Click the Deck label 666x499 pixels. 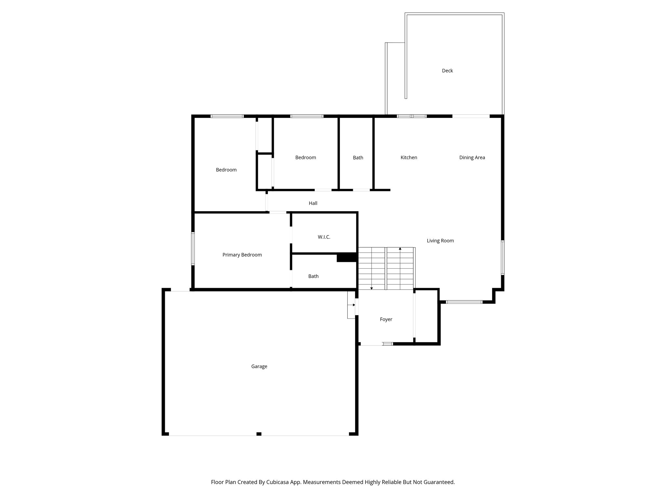[x=447, y=70]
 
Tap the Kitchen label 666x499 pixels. [x=408, y=158]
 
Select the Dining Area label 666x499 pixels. [x=472, y=158]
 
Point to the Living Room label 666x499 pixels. [x=440, y=241]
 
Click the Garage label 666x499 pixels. [x=259, y=366]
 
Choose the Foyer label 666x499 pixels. [x=386, y=319]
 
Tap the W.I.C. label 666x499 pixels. [x=324, y=237]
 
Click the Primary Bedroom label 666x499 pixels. [x=242, y=255]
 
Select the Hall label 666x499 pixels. [x=313, y=203]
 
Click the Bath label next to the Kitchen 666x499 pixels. [x=358, y=158]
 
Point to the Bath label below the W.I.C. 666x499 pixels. [x=313, y=276]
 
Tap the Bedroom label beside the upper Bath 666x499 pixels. [x=305, y=158]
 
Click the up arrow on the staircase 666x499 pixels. [x=400, y=249]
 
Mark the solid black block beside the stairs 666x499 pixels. [x=347, y=258]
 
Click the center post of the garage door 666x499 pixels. [x=259, y=434]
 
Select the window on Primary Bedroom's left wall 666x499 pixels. [x=193, y=249]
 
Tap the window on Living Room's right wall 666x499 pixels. [x=502, y=258]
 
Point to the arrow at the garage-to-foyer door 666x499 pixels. [x=353, y=305]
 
